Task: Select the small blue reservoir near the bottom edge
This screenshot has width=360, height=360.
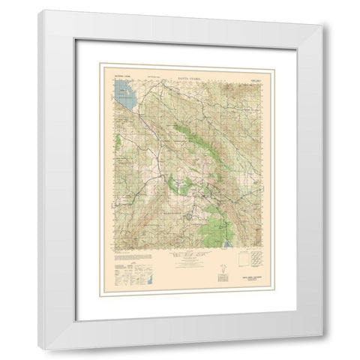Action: (x=230, y=244)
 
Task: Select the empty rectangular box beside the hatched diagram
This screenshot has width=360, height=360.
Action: (x=242, y=260)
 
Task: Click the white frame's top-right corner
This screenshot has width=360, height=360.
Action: (x=328, y=20)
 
